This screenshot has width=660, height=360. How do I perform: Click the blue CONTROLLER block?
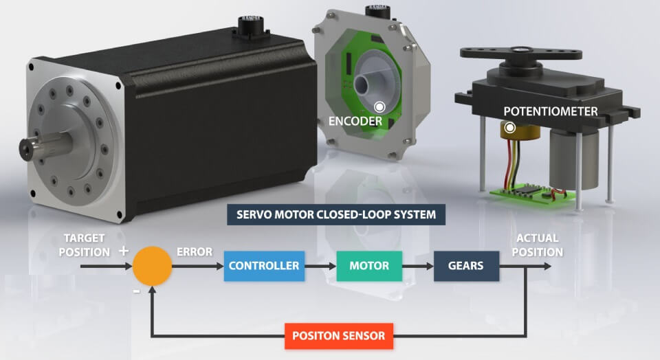264,266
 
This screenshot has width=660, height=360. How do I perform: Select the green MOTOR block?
369,266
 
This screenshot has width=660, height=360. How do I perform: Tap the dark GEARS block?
466,266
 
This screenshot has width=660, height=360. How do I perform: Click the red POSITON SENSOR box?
339,335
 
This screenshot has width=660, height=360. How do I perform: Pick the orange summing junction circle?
152,266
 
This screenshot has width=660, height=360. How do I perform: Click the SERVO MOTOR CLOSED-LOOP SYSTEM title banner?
336,214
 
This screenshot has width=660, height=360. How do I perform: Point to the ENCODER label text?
355,121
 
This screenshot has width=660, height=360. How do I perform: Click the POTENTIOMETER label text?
551,111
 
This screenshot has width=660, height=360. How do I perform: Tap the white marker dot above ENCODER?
379,106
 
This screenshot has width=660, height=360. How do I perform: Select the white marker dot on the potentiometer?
509,127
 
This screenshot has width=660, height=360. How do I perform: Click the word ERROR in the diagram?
195,252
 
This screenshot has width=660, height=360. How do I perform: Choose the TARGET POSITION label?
84,245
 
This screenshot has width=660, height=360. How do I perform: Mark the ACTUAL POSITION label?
538,245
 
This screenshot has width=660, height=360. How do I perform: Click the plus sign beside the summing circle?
123,251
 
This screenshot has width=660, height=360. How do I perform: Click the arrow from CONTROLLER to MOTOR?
320,266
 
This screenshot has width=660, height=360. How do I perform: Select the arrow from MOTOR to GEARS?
418,266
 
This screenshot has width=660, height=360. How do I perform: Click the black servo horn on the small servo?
521,54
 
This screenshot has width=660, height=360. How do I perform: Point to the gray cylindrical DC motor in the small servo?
573,159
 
